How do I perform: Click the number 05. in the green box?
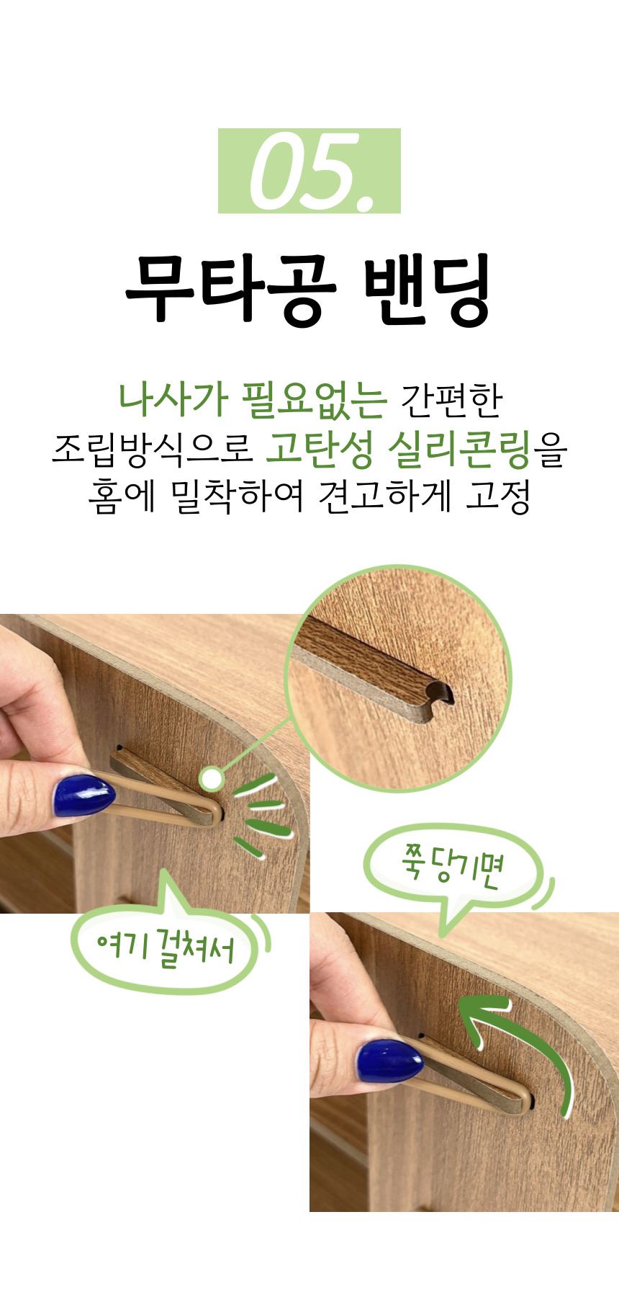click(x=309, y=171)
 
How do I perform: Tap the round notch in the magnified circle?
click(x=440, y=694)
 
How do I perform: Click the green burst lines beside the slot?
click(x=262, y=814)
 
